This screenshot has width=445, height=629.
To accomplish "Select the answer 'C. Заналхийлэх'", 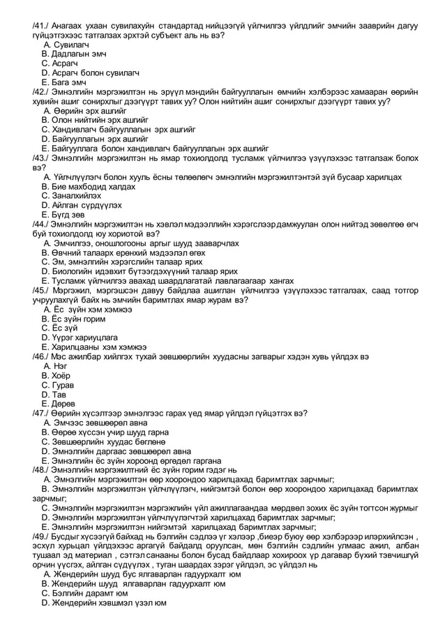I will [72, 196].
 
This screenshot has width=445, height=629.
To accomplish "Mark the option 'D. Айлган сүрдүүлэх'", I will [82, 205].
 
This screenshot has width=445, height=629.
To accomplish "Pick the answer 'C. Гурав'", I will [58, 385].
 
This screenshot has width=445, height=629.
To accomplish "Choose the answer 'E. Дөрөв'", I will [58, 404].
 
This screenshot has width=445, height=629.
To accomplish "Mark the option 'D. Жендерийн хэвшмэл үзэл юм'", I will [104, 602].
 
